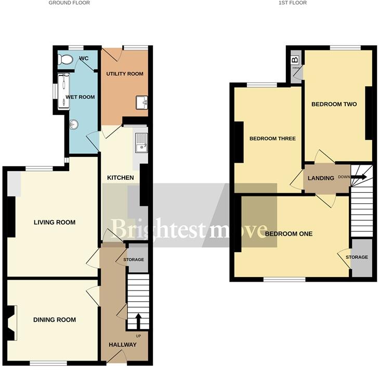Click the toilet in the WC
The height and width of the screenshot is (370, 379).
point(66,59)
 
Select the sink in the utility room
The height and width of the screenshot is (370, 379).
point(142,103)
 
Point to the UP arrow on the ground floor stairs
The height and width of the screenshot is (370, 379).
point(138,321)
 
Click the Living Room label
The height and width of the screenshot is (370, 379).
point(55,222)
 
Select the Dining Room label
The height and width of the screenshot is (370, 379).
point(55,320)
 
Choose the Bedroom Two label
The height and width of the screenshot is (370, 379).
point(334,104)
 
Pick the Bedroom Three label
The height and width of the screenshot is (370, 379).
point(272,139)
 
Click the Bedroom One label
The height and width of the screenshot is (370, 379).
point(289,234)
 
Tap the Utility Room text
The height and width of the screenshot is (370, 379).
point(125,74)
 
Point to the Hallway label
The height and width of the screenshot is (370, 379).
point(123,345)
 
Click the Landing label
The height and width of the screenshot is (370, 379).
point(321,178)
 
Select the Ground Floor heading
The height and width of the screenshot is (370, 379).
point(69,3)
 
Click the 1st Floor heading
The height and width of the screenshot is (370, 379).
point(293,3)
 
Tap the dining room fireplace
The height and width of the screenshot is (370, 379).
point(12,322)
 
